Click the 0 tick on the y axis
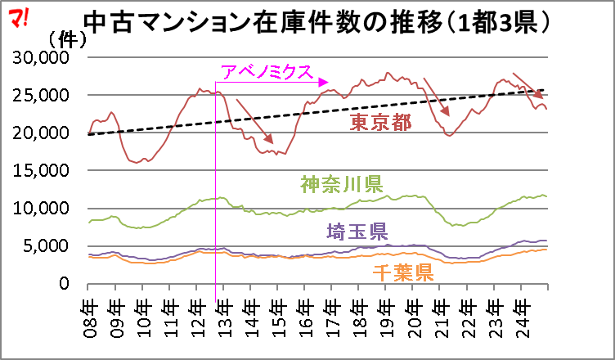72,284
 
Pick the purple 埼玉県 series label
357,231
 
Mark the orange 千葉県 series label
404,272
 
